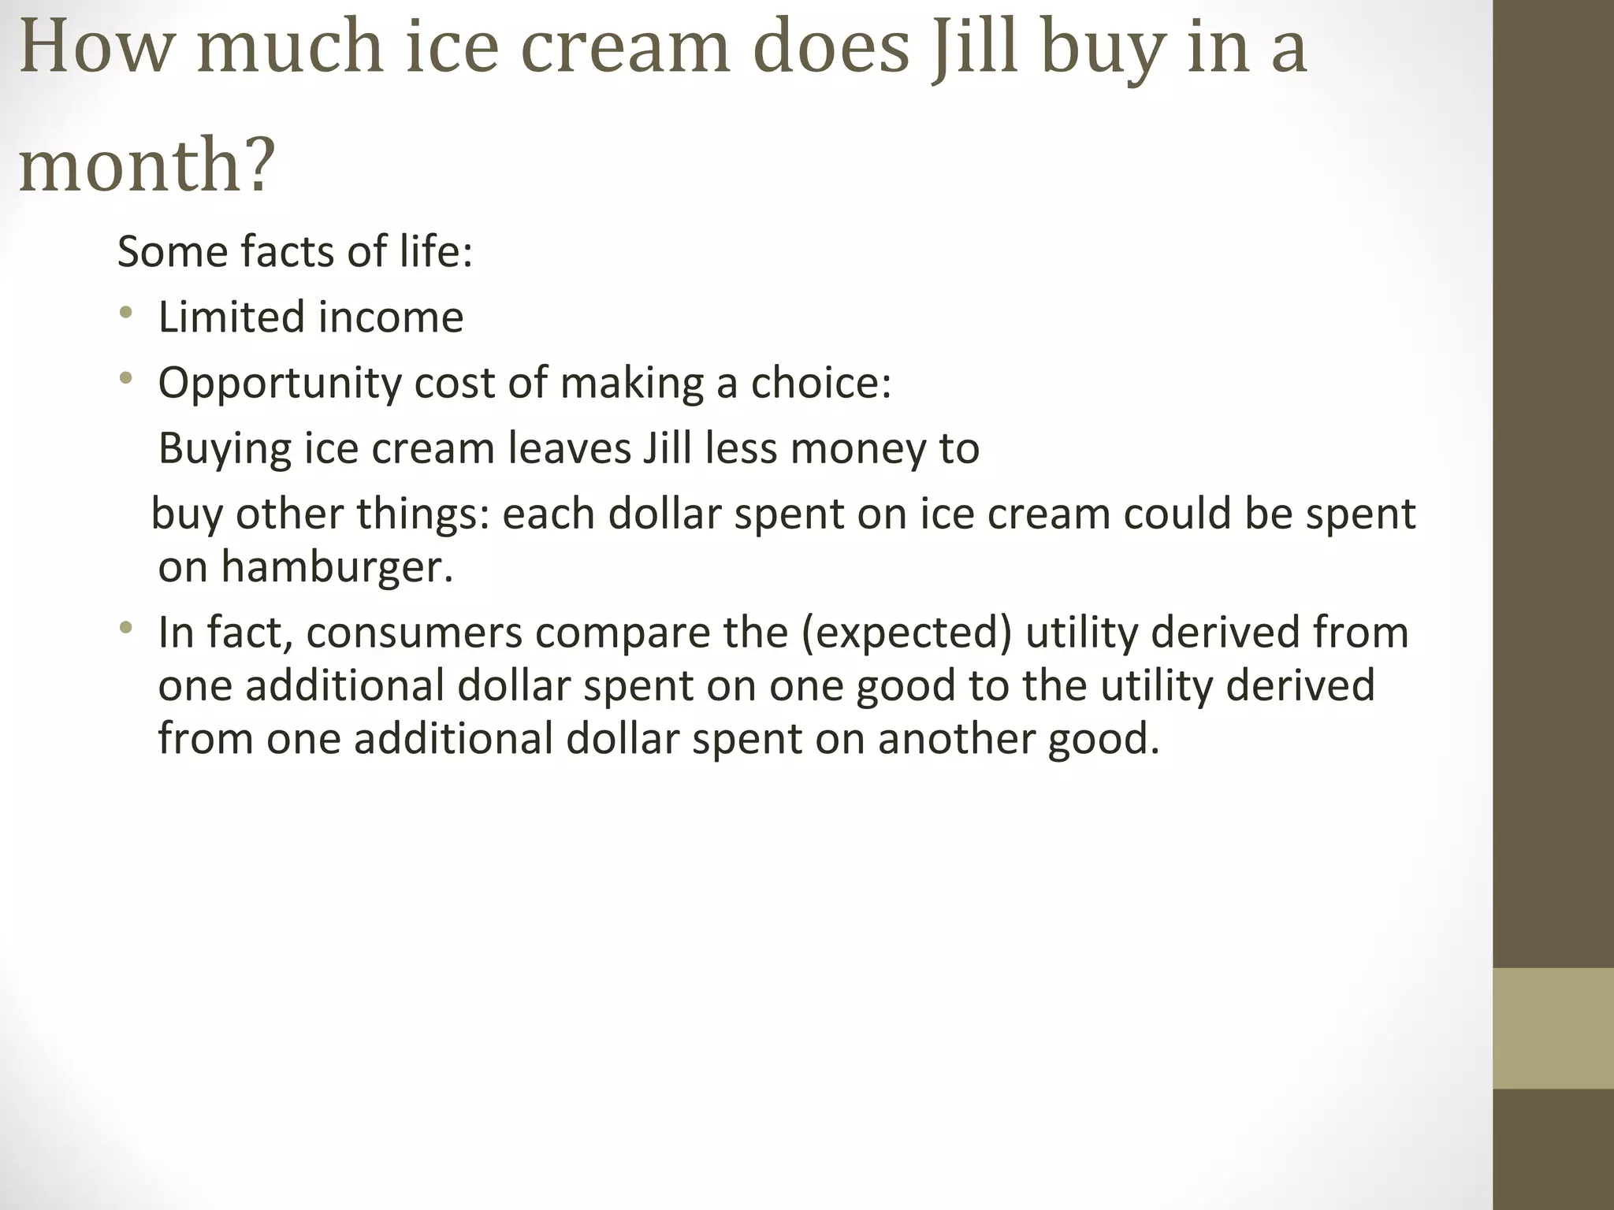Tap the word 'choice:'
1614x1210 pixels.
pos(820,383)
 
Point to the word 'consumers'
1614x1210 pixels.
pos(415,633)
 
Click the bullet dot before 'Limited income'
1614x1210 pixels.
pos(125,314)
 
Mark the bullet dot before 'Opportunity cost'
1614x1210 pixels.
pos(125,380)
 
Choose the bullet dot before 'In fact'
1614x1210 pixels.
pos(125,629)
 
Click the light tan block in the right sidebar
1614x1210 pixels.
pos(1553,1028)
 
